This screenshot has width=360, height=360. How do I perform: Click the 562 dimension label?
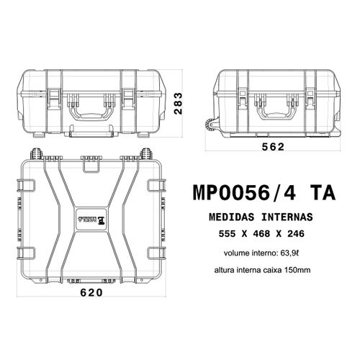tap(273, 147)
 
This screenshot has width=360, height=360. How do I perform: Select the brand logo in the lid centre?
tap(91, 217)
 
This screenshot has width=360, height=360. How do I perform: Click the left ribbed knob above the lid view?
tap(34, 153)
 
